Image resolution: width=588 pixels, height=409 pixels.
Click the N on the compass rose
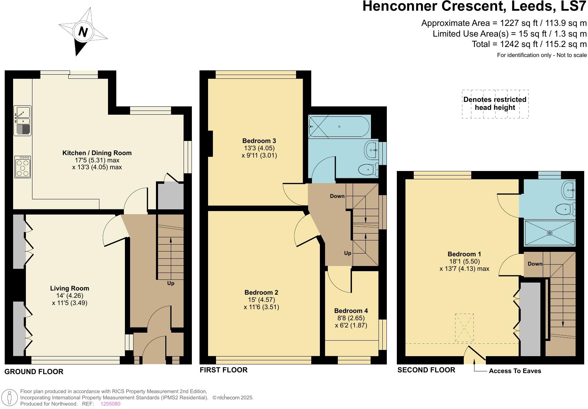tap(83, 32)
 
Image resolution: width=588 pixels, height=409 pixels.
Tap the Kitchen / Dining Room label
tap(97, 153)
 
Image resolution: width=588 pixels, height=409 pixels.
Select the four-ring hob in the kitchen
tap(23, 167)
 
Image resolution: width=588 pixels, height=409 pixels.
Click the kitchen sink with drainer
tap(22, 121)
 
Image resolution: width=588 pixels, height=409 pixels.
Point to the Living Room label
tap(69, 288)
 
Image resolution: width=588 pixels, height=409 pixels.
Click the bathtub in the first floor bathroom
tap(339, 127)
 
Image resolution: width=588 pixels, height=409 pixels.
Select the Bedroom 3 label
tap(259, 141)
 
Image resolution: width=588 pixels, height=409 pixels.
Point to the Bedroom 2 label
tap(261, 292)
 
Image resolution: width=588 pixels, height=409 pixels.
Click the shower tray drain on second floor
tap(550, 233)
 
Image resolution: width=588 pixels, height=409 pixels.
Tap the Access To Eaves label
tap(515, 371)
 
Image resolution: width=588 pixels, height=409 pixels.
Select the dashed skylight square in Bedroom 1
tap(464, 327)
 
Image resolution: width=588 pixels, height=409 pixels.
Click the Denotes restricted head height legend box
tap(495, 104)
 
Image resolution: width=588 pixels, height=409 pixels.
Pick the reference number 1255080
tap(110, 403)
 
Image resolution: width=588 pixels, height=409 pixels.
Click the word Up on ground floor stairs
tap(170, 283)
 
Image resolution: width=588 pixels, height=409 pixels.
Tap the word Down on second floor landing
tap(535, 264)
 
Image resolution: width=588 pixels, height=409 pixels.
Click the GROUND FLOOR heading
tap(34, 372)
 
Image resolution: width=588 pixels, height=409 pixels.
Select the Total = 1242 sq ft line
tap(529, 44)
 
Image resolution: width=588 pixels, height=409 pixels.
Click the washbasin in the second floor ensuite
tap(568, 189)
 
